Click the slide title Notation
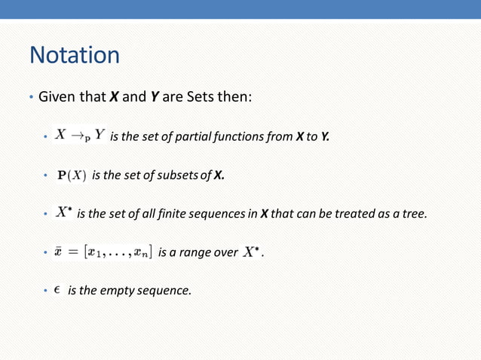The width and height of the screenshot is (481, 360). click(74, 55)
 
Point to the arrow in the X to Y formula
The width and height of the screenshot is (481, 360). click(79, 137)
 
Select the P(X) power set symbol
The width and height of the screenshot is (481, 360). click(73, 175)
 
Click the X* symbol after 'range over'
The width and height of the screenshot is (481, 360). click(253, 252)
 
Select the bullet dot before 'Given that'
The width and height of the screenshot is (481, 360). click(31, 99)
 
